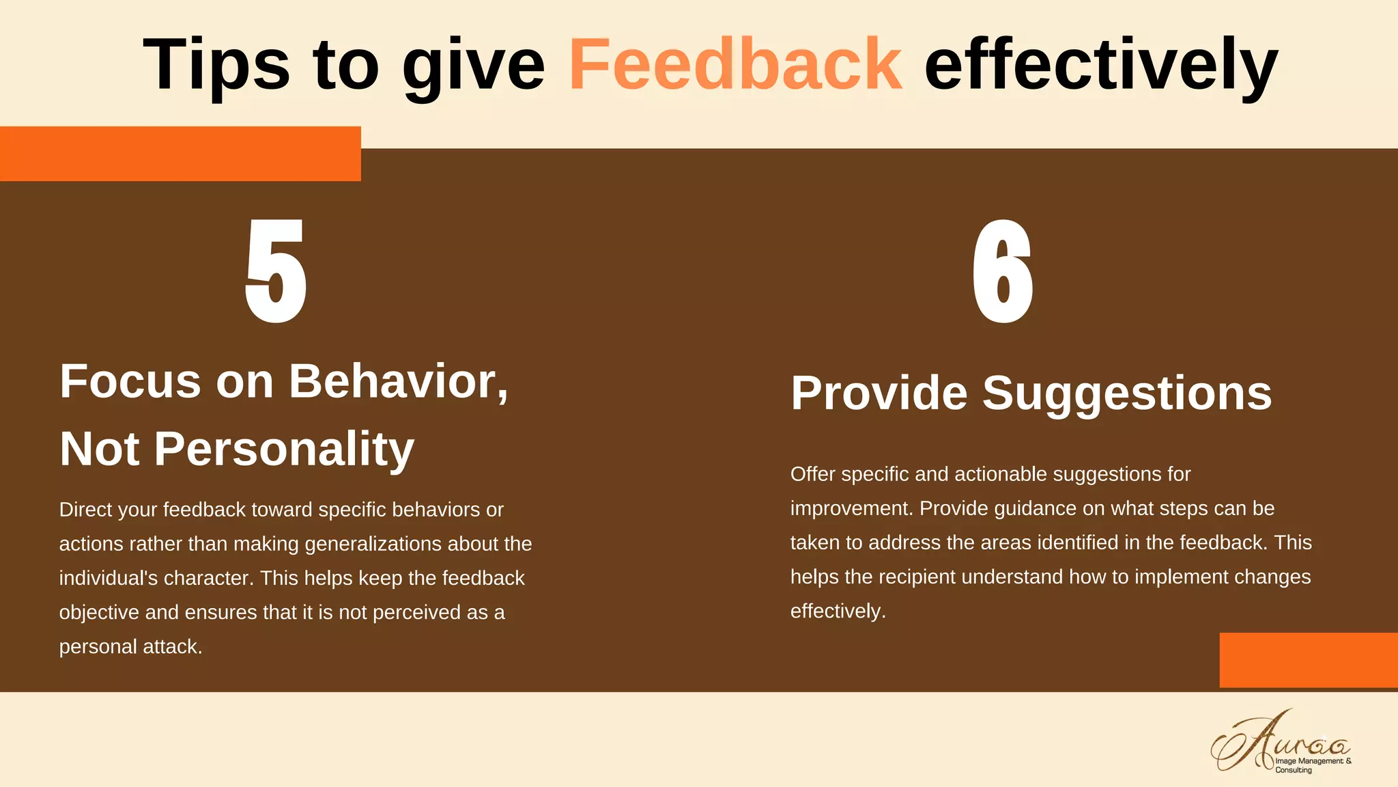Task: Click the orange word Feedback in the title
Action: [735, 64]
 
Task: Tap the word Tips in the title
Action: [216, 64]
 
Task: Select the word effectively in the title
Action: [1100, 64]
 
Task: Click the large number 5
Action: [276, 271]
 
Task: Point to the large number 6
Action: [1002, 271]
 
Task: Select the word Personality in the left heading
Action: [284, 449]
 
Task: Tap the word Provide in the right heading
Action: [879, 393]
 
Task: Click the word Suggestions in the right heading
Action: [1127, 393]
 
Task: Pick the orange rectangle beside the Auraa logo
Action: [1308, 660]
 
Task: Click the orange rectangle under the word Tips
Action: [180, 154]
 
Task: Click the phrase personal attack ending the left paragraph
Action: [130, 646]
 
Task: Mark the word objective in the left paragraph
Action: [99, 612]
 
